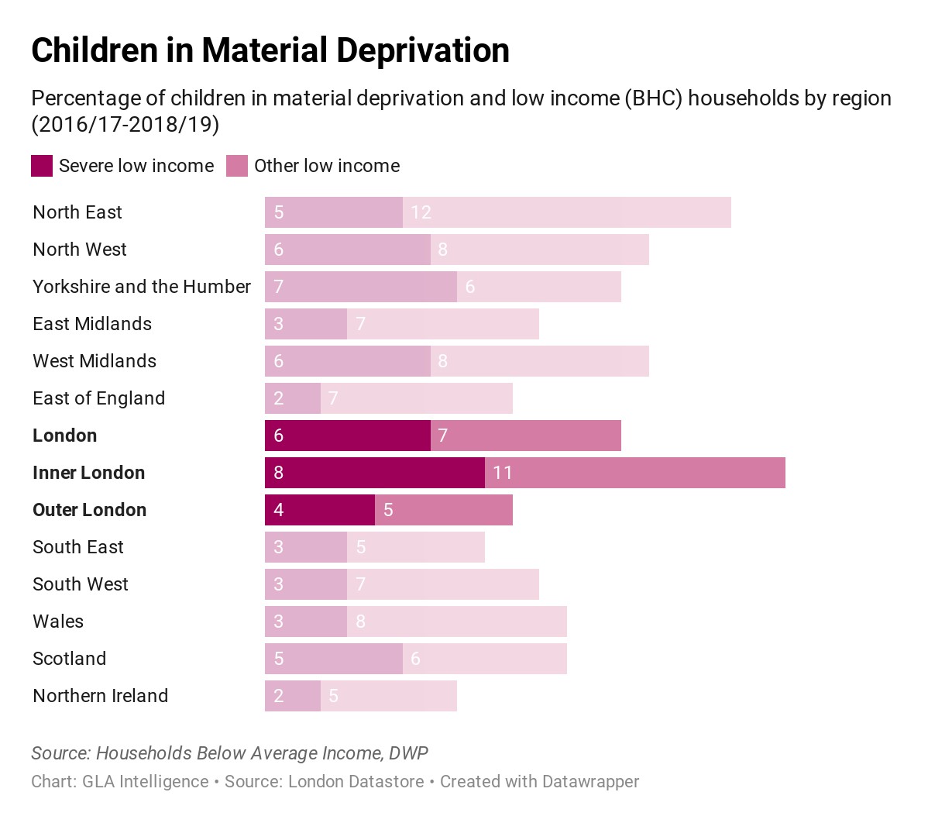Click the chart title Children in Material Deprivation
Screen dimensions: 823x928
270,50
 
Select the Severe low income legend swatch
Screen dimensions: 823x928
42,166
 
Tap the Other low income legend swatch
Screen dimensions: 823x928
237,166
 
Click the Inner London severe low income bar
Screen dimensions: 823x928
375,473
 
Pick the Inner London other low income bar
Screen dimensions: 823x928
635,473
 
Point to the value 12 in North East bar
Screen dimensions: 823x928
421,212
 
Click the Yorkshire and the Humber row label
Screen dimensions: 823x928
142,287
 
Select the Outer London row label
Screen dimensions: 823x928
89,510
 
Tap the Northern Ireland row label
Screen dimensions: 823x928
100,696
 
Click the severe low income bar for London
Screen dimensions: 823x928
348,436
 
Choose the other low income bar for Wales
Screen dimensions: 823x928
457,622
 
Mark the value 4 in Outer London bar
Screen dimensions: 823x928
279,510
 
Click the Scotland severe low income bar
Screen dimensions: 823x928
334,659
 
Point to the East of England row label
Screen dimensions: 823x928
98,398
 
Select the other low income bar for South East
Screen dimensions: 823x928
416,547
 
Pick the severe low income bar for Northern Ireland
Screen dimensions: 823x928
293,696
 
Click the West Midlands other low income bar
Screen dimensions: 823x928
540,361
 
